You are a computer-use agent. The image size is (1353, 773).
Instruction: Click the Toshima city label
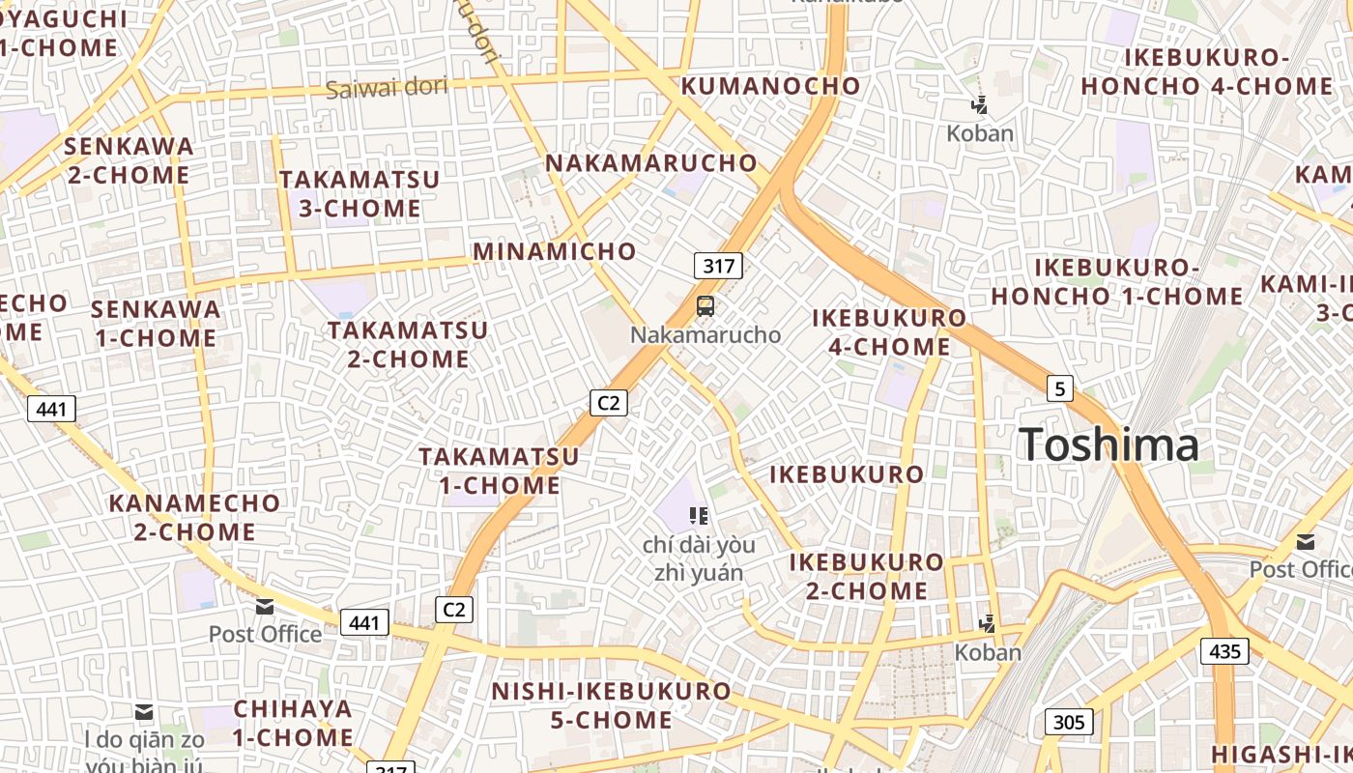[1108, 445]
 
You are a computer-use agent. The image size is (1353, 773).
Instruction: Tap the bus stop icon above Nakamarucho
[705, 307]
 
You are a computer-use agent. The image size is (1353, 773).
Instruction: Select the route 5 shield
[1060, 388]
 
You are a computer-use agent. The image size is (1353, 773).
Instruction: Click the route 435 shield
[1224, 651]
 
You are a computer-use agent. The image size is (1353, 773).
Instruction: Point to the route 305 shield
[1068, 722]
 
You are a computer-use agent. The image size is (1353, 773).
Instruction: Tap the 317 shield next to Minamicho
[718, 266]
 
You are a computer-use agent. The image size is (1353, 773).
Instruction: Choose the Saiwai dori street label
[387, 88]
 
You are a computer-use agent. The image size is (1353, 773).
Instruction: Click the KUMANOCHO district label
[770, 86]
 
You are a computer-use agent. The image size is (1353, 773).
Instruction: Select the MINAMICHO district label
[555, 252]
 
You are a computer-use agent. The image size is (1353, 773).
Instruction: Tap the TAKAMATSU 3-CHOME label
[359, 194]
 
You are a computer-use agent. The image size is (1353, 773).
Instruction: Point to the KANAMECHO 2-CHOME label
[194, 517]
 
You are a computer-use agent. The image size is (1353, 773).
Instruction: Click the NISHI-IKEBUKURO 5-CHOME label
[611, 705]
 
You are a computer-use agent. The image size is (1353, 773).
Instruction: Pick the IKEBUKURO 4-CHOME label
[889, 331]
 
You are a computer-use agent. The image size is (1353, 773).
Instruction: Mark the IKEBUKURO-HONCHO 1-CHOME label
[1117, 282]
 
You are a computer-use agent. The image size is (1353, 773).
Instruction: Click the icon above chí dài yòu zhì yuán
[699, 516]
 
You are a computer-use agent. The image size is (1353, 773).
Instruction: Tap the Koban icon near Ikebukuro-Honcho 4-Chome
[980, 105]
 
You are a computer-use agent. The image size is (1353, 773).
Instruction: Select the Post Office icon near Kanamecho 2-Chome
[264, 607]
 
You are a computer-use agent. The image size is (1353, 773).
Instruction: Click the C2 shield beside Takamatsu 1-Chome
[609, 402]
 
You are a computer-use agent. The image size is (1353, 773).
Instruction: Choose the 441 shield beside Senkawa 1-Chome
[51, 409]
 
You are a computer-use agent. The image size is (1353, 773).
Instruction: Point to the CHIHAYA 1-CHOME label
[293, 723]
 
